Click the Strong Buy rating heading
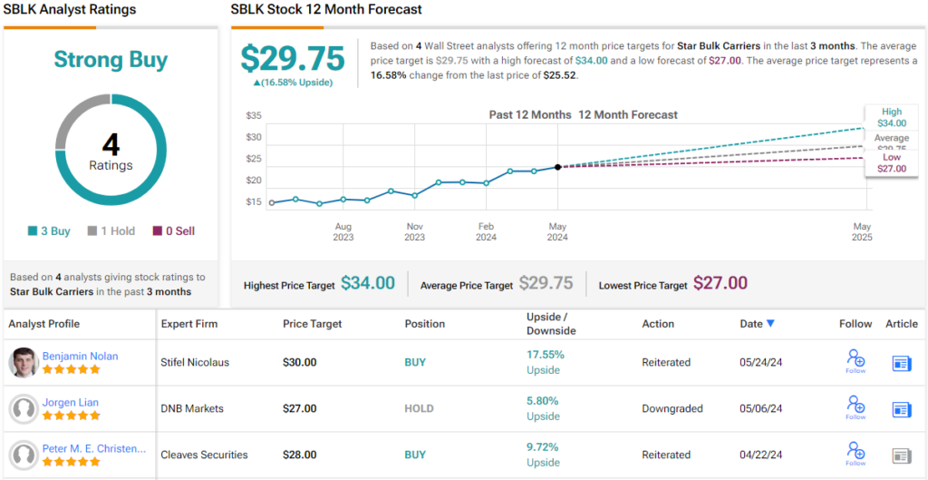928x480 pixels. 111,60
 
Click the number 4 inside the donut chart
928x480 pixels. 111,145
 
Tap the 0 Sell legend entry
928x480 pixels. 173,231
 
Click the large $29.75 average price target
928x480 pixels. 293,58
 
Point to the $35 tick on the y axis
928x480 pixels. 254,116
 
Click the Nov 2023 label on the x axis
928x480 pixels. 414,231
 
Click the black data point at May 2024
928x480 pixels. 557,167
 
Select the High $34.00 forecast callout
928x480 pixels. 891,117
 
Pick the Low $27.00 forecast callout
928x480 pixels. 891,162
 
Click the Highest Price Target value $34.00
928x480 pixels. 368,283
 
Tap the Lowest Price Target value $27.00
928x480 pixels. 720,283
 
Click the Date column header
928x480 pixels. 757,324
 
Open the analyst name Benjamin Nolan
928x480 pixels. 80,356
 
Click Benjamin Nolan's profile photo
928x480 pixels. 24,363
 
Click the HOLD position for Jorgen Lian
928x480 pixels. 419,408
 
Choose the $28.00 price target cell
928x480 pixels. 300,455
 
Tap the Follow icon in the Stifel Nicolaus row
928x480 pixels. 855,360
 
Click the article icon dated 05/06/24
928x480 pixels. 901,409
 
